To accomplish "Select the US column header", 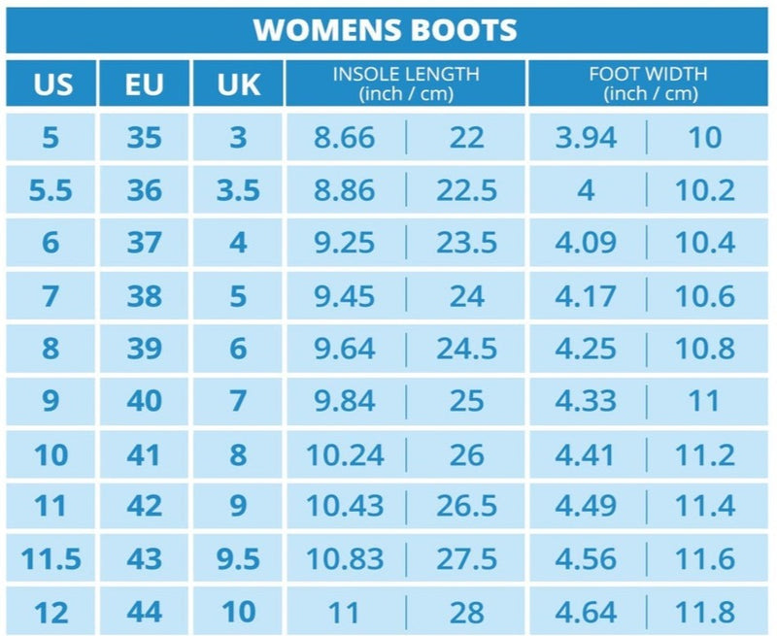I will point(52,84).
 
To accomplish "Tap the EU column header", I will point(145,84).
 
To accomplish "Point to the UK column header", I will point(238,84).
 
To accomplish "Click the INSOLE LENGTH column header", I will point(405,84).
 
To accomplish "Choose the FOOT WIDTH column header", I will point(648,84).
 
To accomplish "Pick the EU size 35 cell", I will point(145,137).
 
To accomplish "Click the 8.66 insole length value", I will point(344,137).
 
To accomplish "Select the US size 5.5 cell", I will point(51,190).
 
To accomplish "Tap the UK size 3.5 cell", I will point(238,190).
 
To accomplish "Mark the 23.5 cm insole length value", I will point(466,243).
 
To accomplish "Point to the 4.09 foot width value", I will point(586,243).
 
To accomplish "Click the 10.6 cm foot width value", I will point(705,295).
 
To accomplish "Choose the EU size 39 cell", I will point(145,349).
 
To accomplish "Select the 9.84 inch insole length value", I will point(344,401).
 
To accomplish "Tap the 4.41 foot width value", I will point(586,453).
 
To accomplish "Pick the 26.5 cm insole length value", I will point(466,506).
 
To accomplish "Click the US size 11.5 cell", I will point(51,559).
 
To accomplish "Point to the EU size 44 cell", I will point(145,612).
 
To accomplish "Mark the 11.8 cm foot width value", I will point(705,612).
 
